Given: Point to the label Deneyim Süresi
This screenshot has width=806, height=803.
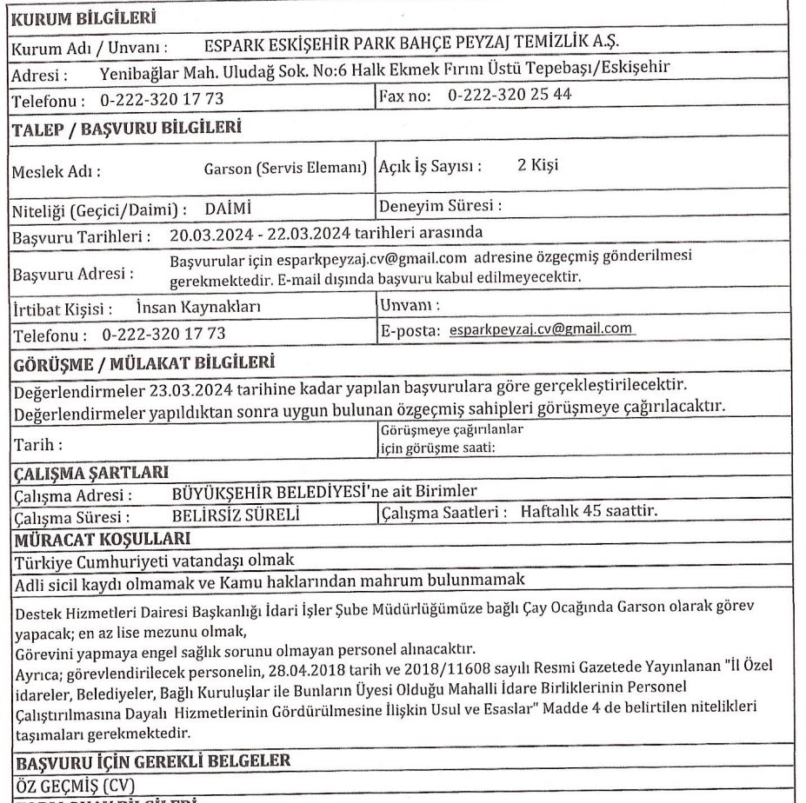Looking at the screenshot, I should (442, 209).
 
